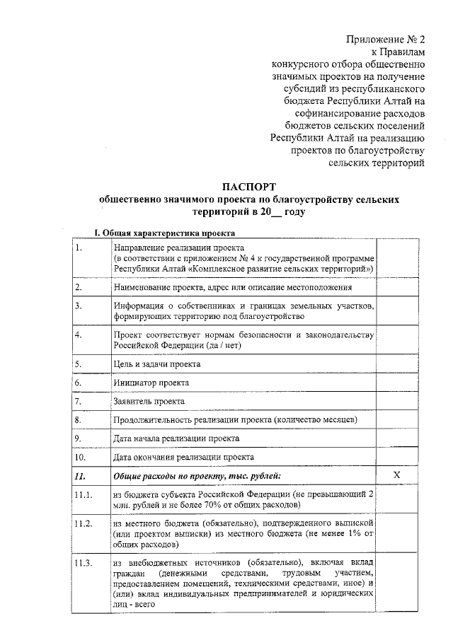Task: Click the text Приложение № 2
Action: click(386, 40)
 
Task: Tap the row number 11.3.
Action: click(84, 564)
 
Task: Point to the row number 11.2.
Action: click(84, 524)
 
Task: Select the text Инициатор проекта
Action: click(151, 383)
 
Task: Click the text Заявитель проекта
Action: click(149, 401)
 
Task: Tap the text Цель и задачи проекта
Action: click(156, 364)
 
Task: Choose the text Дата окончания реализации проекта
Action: click(183, 457)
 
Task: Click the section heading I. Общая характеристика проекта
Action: click(165, 233)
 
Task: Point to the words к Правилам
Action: click(398, 52)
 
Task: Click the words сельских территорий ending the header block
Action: click(377, 163)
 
